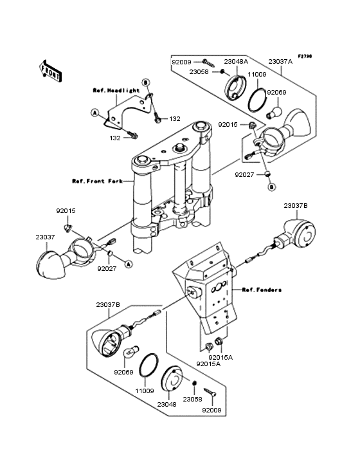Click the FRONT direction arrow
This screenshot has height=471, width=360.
pos(50,71)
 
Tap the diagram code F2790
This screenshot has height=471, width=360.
pos(305,56)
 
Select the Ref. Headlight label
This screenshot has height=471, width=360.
pos(116,90)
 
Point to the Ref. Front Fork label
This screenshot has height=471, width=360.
pos(97,181)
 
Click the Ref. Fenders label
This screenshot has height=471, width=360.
pos(262,290)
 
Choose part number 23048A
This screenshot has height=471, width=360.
pos(236,62)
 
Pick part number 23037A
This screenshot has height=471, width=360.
pos(280,62)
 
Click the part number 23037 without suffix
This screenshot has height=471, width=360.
pos(45,237)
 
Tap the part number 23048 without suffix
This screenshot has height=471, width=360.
pos(166,404)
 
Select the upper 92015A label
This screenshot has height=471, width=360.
pos(221,357)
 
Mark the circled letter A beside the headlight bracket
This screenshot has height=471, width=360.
pos(94,113)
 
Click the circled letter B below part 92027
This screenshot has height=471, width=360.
pos(271,187)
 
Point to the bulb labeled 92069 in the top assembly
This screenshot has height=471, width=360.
pos(274,111)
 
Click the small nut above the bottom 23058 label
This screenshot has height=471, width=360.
pos(194,383)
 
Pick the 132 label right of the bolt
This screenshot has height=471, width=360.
pos(175,118)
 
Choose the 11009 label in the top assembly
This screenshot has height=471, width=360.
pos(256,74)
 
